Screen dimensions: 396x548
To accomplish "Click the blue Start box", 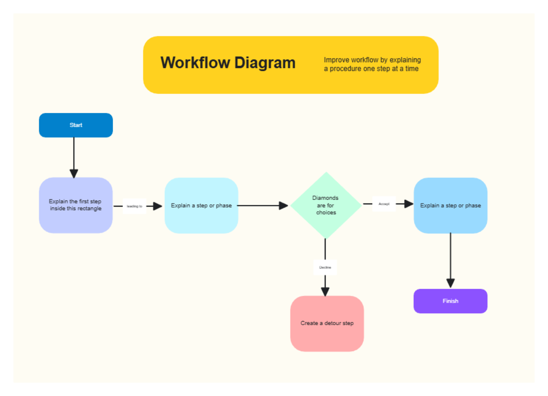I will pyautogui.click(x=76, y=125).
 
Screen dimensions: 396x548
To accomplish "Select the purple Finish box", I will pyautogui.click(x=450, y=301).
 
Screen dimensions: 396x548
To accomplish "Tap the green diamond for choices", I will pyautogui.click(x=326, y=205).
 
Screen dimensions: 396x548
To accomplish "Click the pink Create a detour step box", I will pyautogui.click(x=327, y=323).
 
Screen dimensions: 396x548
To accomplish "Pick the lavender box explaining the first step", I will pyautogui.click(x=76, y=205).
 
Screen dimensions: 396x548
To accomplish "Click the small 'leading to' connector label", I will pyautogui.click(x=134, y=206).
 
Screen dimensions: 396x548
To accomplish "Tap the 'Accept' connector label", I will pyautogui.click(x=384, y=204).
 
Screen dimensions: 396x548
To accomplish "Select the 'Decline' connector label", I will pyautogui.click(x=325, y=267).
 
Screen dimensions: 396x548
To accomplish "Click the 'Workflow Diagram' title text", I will pyautogui.click(x=228, y=63).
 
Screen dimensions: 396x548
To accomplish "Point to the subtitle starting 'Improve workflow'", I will pyautogui.click(x=372, y=64).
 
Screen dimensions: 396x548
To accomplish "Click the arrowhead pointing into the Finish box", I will pyautogui.click(x=451, y=283).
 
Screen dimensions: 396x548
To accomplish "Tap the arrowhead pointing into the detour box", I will pyautogui.click(x=325, y=291).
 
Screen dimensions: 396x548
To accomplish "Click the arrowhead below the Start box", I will pyautogui.click(x=74, y=173).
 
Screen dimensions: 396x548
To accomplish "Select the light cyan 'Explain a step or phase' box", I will pyautogui.click(x=201, y=205).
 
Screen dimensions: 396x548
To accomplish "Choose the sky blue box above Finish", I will pyautogui.click(x=450, y=205).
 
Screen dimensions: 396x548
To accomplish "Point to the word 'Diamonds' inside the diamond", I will pyautogui.click(x=325, y=198).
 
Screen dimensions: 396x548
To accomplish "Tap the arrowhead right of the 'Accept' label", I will pyautogui.click(x=408, y=204).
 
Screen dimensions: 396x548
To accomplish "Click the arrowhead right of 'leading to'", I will pyautogui.click(x=158, y=206).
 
